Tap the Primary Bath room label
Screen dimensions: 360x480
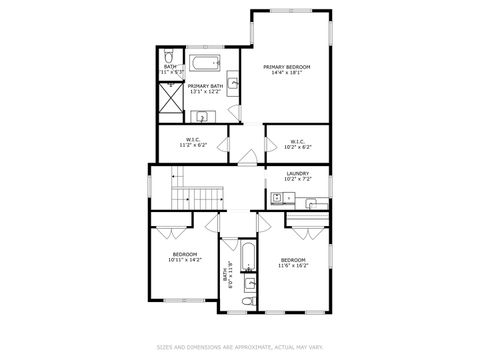pos(204,87)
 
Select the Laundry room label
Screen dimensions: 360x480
pos(297,174)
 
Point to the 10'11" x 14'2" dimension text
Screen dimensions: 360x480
pos(185,260)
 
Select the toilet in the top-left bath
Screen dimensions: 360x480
pos(168,56)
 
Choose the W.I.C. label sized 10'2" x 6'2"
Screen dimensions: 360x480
pos(297,141)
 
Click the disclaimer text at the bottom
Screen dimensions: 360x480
pos(239,347)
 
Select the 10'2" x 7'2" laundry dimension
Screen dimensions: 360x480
pos(297,180)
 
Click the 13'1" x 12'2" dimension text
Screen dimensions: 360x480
pos(204,93)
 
